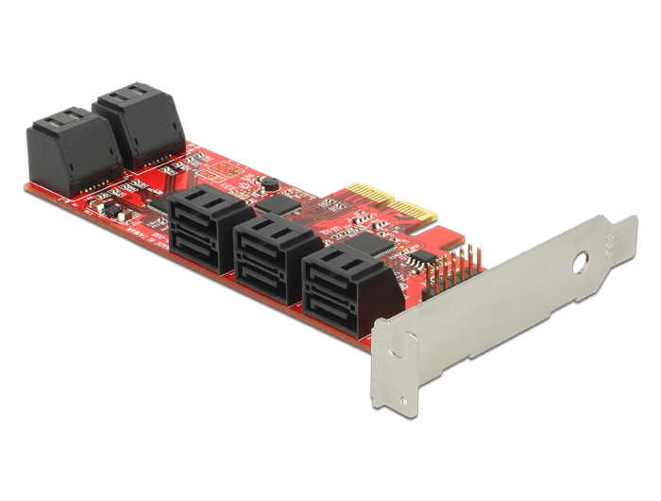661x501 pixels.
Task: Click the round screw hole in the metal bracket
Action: coord(581,257)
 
